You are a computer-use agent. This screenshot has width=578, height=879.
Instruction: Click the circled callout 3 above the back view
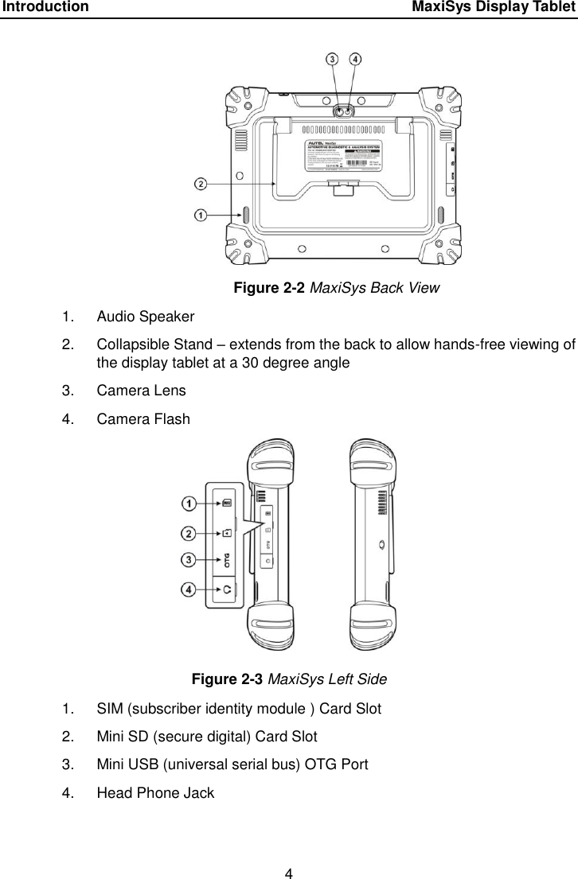point(332,59)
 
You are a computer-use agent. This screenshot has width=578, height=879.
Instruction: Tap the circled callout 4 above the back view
point(354,59)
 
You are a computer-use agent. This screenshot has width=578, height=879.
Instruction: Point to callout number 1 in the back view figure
point(201,215)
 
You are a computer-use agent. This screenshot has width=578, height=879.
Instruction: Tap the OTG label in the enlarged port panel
point(228,560)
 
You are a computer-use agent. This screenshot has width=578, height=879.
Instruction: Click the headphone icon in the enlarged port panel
point(228,589)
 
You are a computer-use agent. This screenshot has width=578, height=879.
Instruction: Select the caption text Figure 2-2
point(268,287)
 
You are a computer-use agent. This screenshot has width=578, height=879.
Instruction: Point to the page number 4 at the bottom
point(290,851)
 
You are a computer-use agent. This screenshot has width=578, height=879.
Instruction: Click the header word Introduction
point(45,8)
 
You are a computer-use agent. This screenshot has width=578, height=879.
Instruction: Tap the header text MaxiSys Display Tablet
point(494,8)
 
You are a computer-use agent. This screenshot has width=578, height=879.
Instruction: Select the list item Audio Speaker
point(146,317)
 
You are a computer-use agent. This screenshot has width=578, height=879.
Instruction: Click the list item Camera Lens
point(141,391)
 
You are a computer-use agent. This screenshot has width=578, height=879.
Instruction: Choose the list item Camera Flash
point(143,418)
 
